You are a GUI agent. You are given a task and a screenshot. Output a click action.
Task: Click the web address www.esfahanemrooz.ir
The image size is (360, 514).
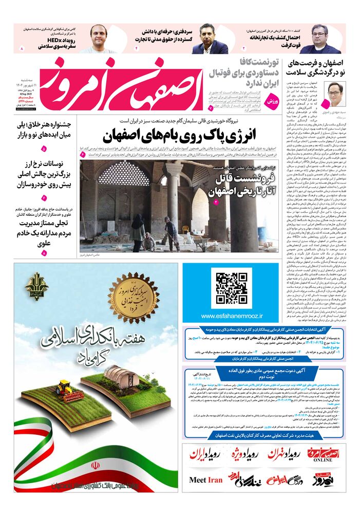(x=232, y=316)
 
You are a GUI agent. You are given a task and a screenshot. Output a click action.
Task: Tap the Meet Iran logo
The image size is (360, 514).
(x=206, y=480)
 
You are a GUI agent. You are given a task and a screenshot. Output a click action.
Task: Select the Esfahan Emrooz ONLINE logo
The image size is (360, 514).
(x=324, y=455)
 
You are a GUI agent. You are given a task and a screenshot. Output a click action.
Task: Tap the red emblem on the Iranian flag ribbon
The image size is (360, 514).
(x=96, y=466)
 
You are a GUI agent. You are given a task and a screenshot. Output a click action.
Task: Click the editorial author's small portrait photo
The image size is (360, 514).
(x=336, y=94)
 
